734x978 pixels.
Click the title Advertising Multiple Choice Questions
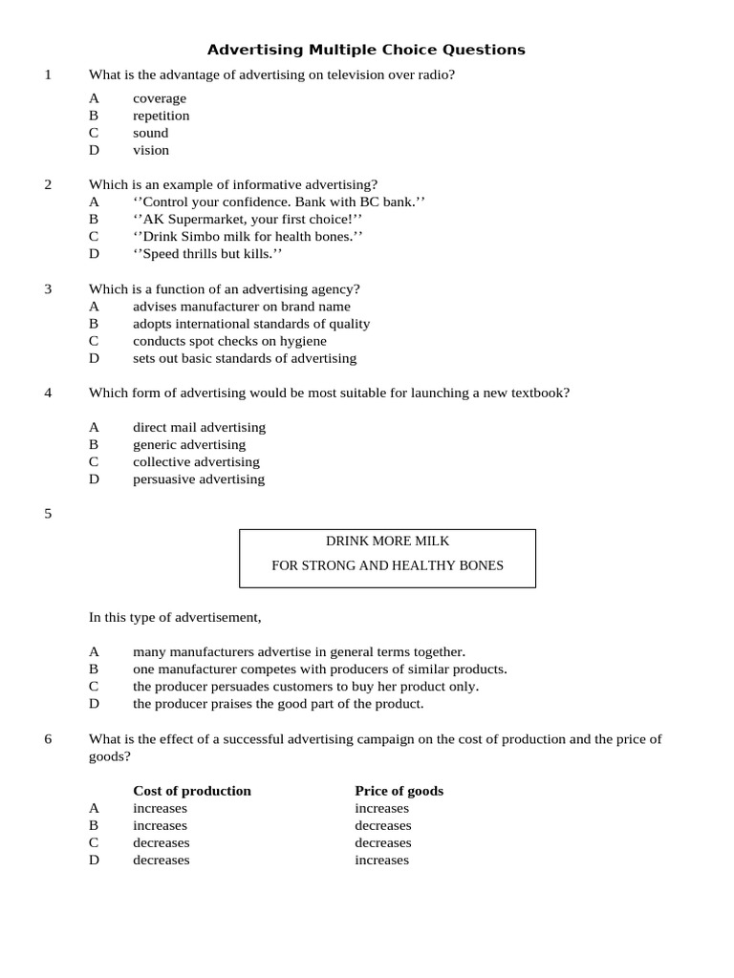(x=366, y=50)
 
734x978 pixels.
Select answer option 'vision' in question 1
(x=151, y=150)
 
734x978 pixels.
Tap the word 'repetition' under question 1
(x=161, y=116)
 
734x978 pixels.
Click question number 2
(x=48, y=184)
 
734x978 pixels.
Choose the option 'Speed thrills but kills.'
(x=207, y=254)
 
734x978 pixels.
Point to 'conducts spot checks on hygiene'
(x=229, y=341)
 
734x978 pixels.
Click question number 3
(x=48, y=288)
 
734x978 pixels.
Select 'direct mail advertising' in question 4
(x=199, y=427)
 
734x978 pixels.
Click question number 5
(x=48, y=514)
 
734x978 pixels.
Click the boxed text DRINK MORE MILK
(x=387, y=541)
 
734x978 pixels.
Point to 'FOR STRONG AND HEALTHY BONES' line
(x=387, y=565)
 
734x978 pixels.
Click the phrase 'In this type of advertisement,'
(x=175, y=617)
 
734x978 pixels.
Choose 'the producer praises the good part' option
(x=277, y=704)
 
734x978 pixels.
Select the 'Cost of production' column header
(x=192, y=791)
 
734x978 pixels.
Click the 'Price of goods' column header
(x=399, y=791)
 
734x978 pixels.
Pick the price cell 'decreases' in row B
(x=382, y=825)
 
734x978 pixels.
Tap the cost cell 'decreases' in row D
(x=161, y=860)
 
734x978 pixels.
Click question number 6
(x=48, y=739)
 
